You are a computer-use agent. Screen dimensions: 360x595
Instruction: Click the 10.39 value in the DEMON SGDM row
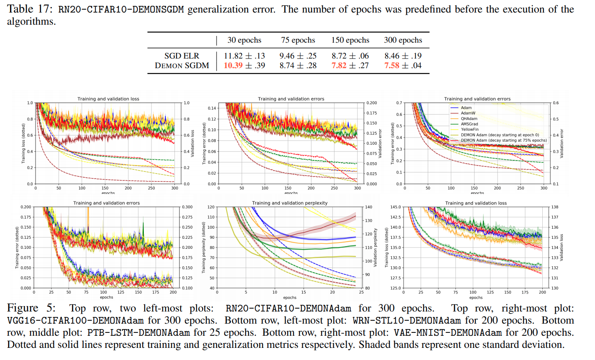tap(233, 66)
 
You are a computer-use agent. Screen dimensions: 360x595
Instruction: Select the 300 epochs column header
tap(403, 40)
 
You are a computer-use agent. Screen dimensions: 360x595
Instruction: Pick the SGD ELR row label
tap(181, 56)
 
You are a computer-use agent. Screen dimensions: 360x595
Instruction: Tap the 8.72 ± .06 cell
tap(350, 56)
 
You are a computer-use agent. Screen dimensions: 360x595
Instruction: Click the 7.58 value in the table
tap(392, 66)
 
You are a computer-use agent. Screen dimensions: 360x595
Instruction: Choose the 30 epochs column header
tap(244, 40)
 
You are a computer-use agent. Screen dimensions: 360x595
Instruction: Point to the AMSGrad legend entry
tap(469, 124)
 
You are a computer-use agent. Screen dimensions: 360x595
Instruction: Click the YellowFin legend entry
tap(470, 130)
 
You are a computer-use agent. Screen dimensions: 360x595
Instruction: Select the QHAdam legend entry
tap(469, 119)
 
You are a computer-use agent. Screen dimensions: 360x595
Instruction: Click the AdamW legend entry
tap(468, 113)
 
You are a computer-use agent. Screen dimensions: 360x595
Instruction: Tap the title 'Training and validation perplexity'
tap(290, 203)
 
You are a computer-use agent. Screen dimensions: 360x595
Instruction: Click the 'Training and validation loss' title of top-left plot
tap(108, 99)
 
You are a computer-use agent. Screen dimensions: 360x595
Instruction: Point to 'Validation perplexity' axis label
tap(375, 248)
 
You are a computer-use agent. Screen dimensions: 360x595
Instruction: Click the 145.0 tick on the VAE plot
tap(395, 207)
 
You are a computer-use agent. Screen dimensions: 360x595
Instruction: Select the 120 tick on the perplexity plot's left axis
tap(211, 207)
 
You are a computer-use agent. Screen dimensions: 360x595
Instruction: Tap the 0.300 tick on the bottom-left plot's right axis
tap(187, 207)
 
